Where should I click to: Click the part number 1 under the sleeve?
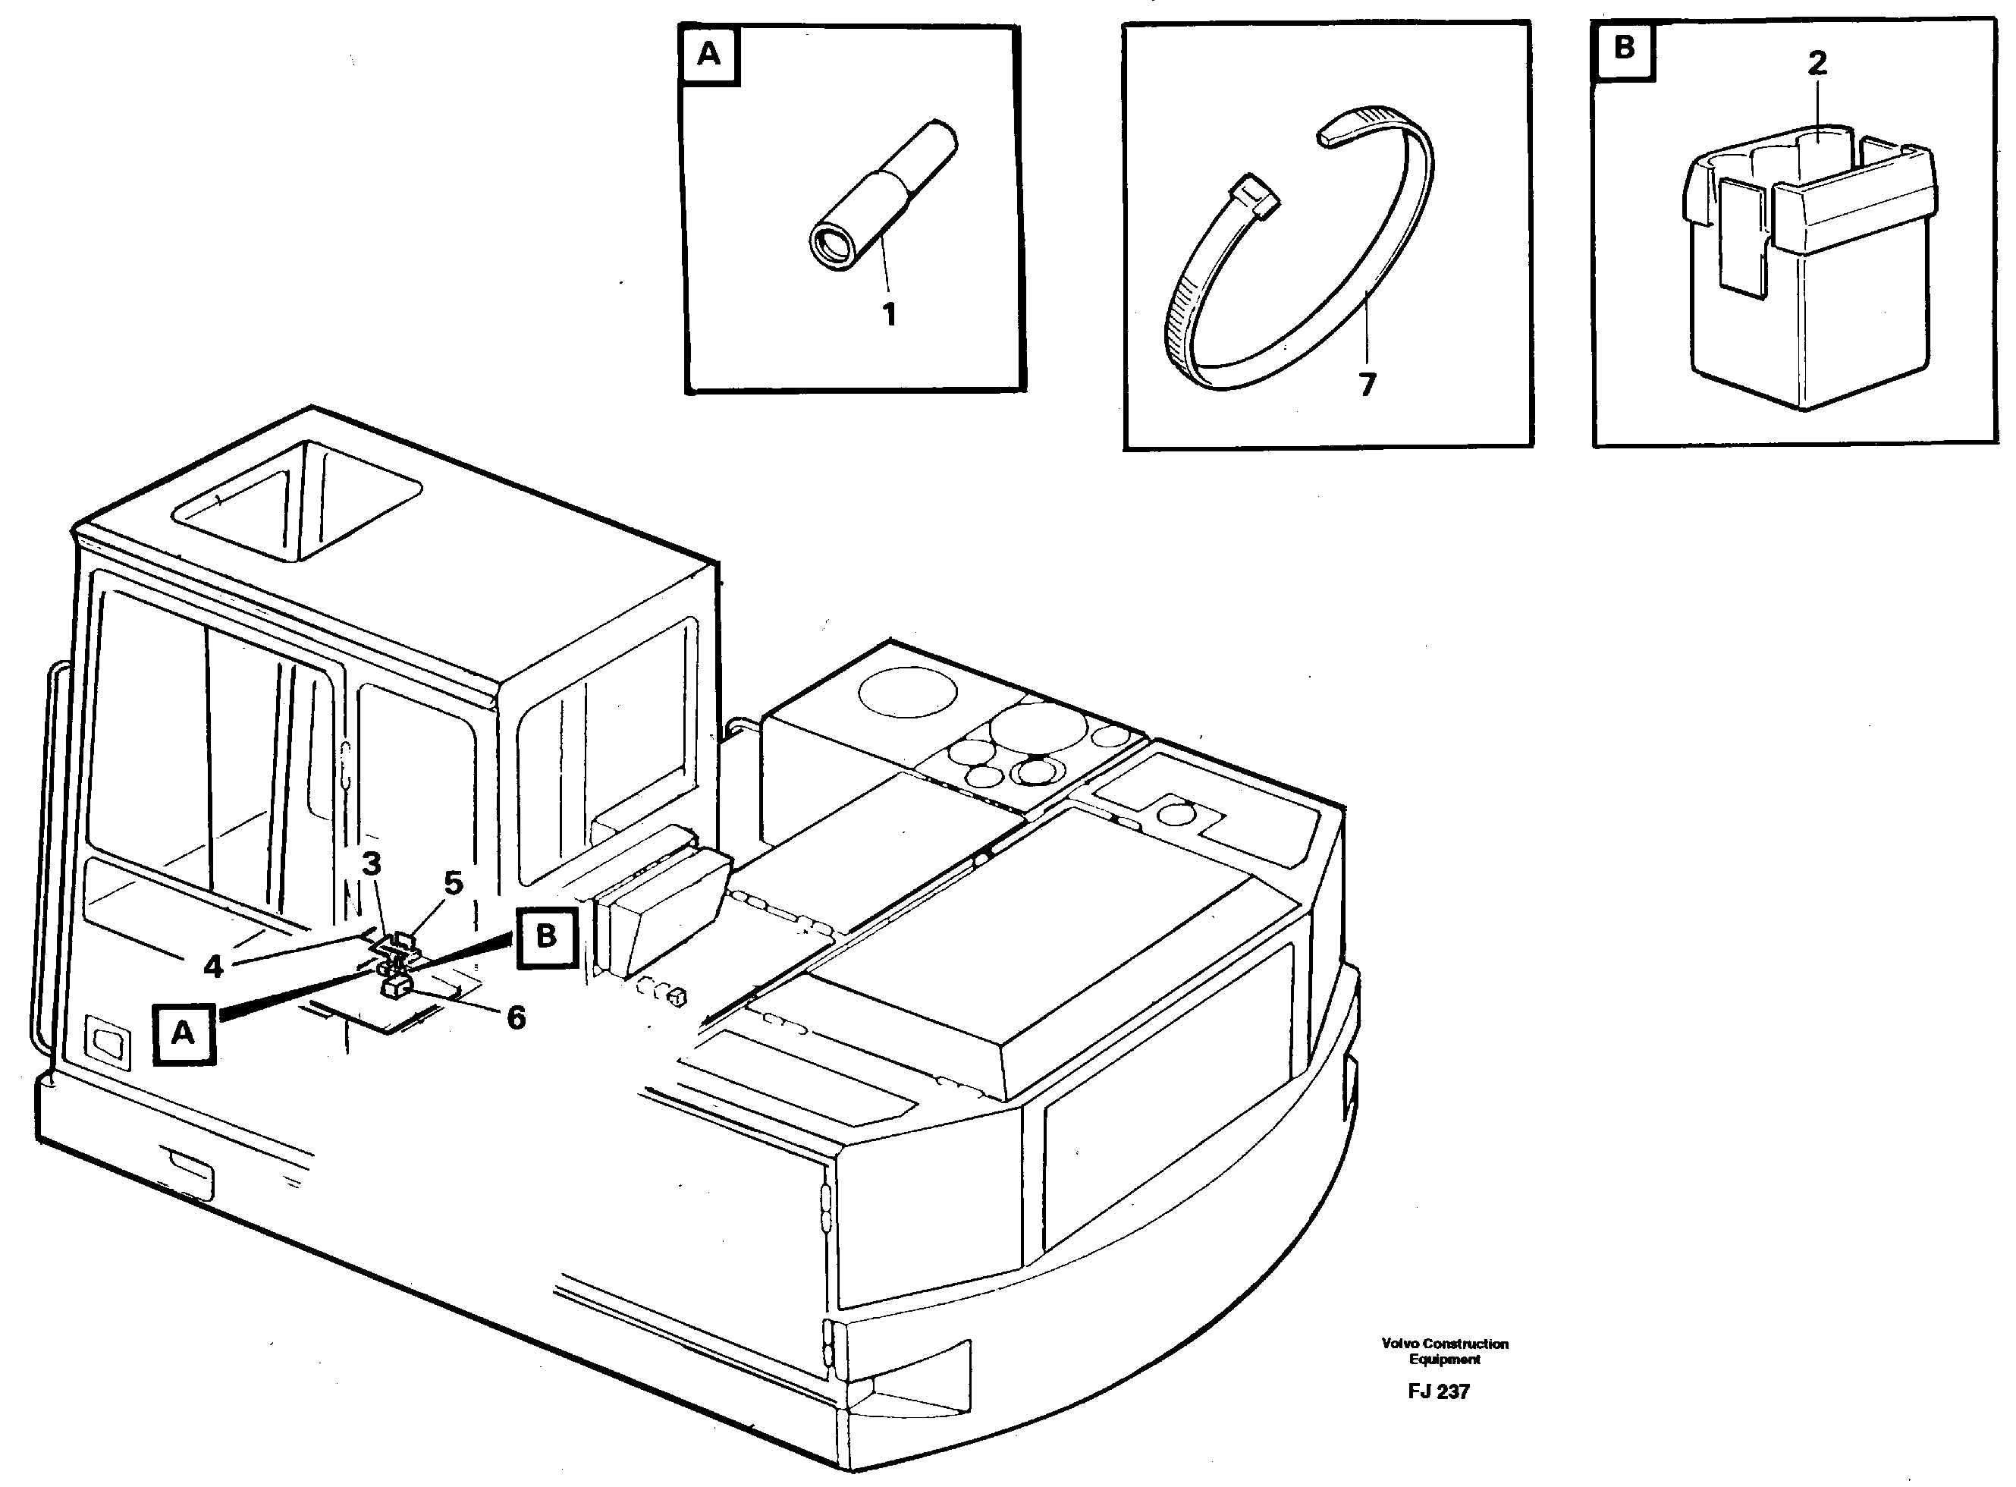click(888, 315)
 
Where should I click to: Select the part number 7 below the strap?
click(1366, 385)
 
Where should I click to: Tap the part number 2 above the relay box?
click(1817, 63)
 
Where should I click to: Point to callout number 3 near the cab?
click(371, 863)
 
